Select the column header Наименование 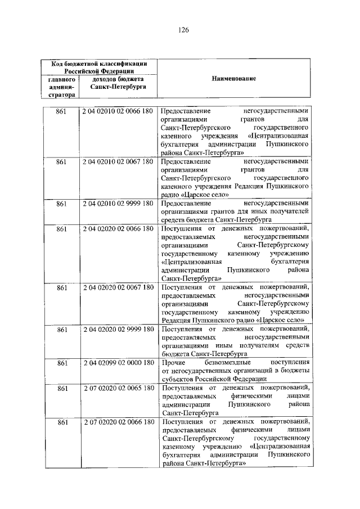tap(233, 79)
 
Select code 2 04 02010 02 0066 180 tap(117, 111)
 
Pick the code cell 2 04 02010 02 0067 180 tap(117, 161)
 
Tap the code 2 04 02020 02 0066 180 tap(117, 228)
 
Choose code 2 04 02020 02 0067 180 tap(117, 287)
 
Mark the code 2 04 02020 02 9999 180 tap(117, 329)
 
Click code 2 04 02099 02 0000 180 tap(117, 362)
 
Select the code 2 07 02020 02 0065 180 tap(117, 388)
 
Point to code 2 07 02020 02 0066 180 tap(117, 421)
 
